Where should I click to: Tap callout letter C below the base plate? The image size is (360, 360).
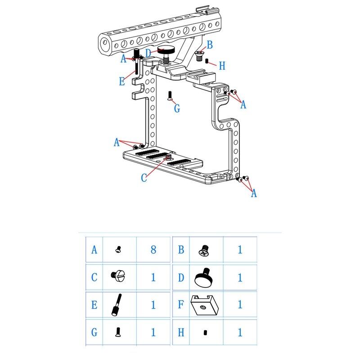coord(144,178)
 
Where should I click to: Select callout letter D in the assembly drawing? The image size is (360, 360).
coord(148,53)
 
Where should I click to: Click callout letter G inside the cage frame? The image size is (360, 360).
coord(177,108)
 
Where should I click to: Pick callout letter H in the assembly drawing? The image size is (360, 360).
coord(221,66)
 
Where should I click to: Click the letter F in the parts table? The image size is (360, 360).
coord(181,305)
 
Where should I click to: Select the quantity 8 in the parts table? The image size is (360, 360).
coord(153,249)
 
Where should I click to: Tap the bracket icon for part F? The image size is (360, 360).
coord(205,305)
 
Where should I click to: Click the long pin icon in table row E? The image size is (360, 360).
coord(117,305)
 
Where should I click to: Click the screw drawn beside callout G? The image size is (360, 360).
coord(171,95)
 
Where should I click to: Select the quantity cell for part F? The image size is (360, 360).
coord(240,305)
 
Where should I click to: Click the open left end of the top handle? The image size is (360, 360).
coord(103,44)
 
